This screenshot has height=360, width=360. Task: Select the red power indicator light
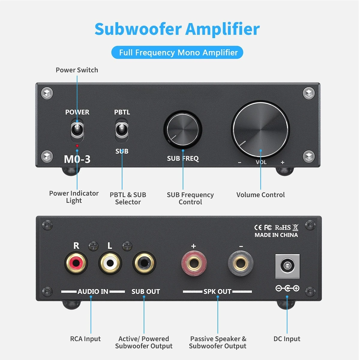[77, 146]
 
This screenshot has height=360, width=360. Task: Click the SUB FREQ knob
[183, 129]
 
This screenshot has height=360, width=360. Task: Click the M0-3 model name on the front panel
[77, 159]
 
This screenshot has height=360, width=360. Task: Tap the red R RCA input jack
[76, 263]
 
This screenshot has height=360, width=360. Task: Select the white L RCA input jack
[110, 263]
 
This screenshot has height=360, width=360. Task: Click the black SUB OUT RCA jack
[144, 263]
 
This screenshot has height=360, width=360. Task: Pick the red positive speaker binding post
[194, 263]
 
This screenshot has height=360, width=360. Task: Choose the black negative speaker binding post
[241, 263]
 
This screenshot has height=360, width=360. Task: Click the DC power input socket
[287, 266]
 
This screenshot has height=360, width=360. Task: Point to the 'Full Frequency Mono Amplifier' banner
[177, 52]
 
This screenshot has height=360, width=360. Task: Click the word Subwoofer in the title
[138, 29]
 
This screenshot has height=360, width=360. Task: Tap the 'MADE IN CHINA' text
[276, 235]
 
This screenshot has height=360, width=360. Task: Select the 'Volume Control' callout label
[261, 195]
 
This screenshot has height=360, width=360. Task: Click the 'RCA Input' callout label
[85, 339]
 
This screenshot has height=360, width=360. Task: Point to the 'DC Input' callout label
[287, 339]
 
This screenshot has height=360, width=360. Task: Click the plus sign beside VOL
[283, 162]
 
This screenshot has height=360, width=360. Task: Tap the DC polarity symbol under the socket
[287, 288]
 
